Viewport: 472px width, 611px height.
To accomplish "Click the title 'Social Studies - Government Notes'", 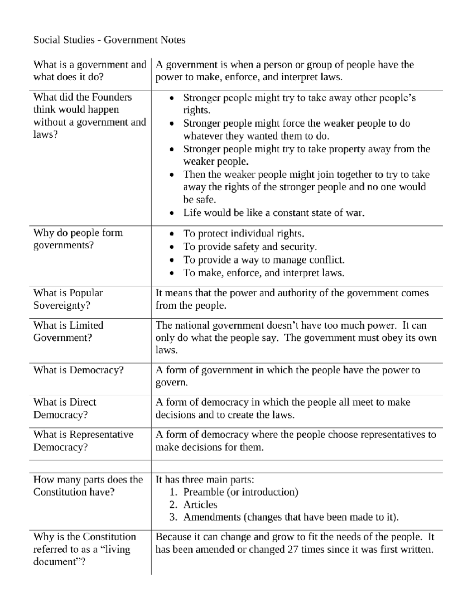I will tap(109, 40).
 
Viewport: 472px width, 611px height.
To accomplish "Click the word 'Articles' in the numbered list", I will tap(200, 505).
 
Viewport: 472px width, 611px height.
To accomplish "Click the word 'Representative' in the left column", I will tap(101, 435).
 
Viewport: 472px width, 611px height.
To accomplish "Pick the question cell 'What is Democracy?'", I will tap(78, 370).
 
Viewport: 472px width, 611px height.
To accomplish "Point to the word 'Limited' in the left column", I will tap(86, 325).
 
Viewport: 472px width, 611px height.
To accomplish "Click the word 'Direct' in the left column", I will tap(83, 402).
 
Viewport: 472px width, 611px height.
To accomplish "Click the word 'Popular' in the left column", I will tap(86, 293).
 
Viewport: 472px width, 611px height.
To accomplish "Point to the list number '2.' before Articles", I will tap(173, 505).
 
